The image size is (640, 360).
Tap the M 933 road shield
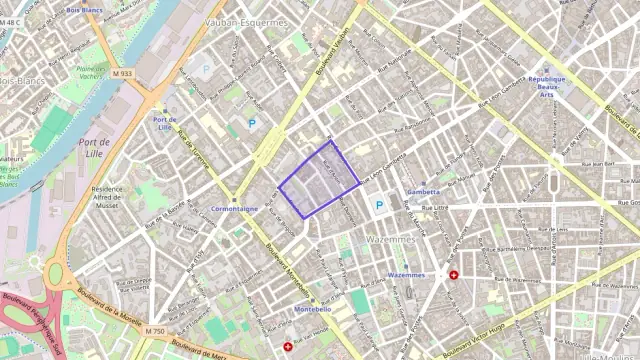(123, 73)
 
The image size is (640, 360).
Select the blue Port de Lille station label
(165, 123)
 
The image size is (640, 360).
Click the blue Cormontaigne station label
(236, 208)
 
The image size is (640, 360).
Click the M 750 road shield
(154, 331)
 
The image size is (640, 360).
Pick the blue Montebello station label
(313, 309)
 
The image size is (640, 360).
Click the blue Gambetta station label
(424, 191)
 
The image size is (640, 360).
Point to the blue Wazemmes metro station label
(405, 275)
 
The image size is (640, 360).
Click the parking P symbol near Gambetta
(378, 205)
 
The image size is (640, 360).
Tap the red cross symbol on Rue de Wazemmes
(454, 275)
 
